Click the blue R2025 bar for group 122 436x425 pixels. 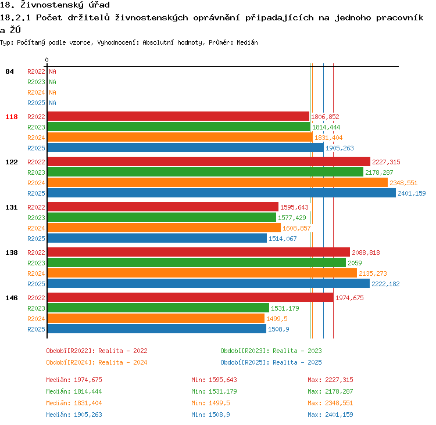221,193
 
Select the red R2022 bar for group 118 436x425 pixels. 178,116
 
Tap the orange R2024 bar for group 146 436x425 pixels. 156,318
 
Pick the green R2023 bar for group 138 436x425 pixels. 196,262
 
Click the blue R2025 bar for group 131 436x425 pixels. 157,238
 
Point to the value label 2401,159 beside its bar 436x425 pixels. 412,193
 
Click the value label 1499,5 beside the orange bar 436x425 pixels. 277,319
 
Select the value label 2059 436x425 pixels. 355,263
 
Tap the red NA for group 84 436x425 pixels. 52,71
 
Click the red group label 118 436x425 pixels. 12,117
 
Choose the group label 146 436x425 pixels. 12,298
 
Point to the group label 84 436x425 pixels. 9,71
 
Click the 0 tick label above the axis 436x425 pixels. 47,60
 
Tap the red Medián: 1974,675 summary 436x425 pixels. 74,380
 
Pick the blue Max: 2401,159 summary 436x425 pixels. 330,415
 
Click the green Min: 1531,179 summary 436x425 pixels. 214,391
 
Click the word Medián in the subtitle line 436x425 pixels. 247,42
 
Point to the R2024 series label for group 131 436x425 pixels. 36,228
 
